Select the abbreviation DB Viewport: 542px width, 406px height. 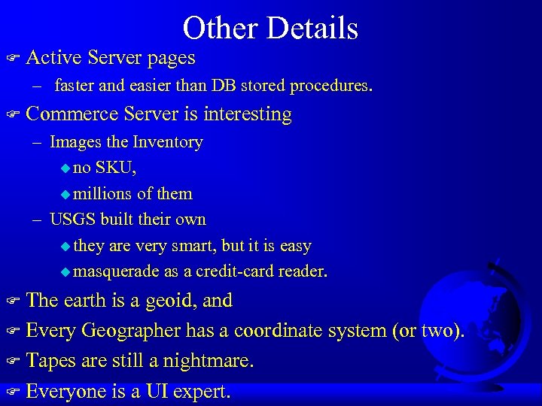(x=224, y=86)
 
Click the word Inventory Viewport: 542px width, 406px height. (x=168, y=142)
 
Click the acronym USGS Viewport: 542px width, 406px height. (x=75, y=220)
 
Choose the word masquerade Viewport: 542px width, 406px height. (x=119, y=271)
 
